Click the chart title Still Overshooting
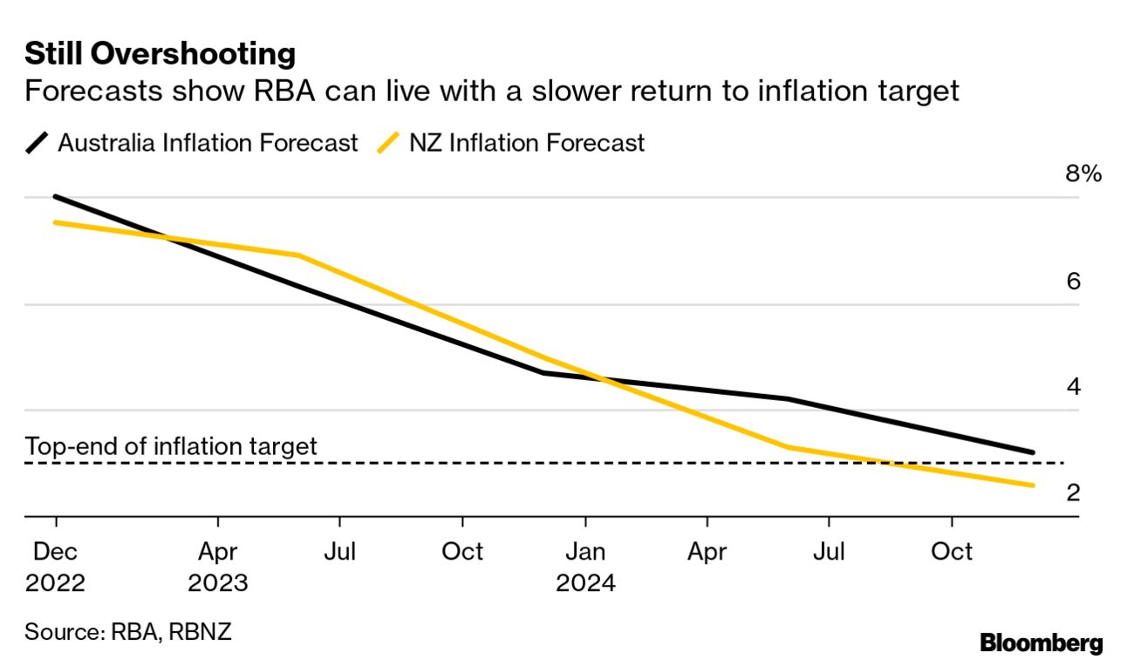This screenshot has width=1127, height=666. tap(161, 54)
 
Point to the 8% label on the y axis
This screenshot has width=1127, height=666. tap(1083, 173)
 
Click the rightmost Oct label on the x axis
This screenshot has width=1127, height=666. tap(952, 552)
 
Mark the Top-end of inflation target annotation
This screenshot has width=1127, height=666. tap(171, 446)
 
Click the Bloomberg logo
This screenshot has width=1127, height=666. tap(1042, 644)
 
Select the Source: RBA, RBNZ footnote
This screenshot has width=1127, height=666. tap(128, 631)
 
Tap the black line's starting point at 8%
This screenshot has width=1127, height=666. tap(56, 197)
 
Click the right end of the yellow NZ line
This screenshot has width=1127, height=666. tap(1033, 486)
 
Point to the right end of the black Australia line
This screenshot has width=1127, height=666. tap(1033, 452)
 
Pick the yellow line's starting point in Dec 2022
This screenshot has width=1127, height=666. tap(56, 222)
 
